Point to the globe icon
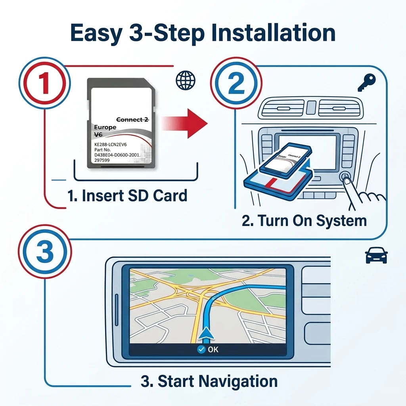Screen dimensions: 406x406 click(x=185, y=80)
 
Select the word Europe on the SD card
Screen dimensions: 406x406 click(x=105, y=127)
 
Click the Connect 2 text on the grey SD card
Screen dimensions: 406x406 click(x=132, y=120)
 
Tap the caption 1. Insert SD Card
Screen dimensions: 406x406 click(x=127, y=196)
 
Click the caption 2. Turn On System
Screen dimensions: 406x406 click(x=304, y=221)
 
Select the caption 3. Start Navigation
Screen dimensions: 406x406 click(x=209, y=381)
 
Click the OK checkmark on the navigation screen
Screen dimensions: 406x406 click(x=201, y=349)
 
